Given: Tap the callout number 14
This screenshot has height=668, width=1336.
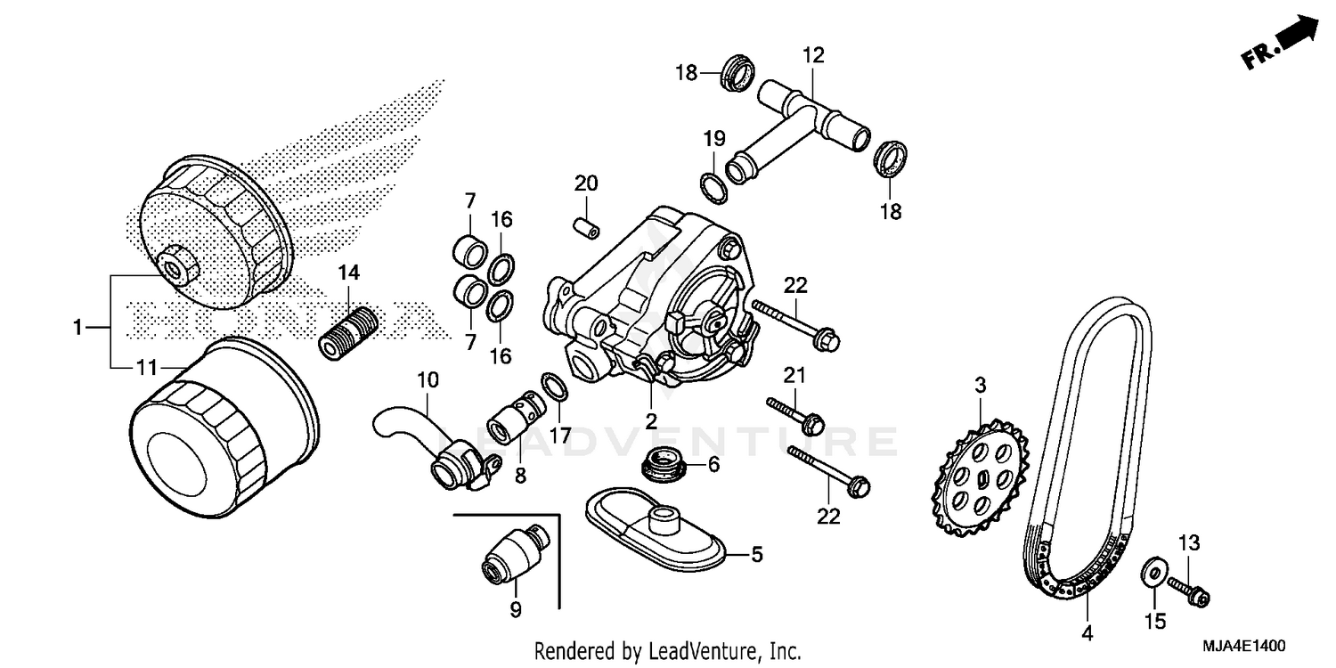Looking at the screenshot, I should pos(348,274).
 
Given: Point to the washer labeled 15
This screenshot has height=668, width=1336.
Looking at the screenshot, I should pos(1153,572).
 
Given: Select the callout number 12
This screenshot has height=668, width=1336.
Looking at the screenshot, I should pos(812,55).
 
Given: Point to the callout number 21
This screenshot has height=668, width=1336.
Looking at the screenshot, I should pos(794,371).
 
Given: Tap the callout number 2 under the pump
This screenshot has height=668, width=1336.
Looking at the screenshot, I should pos(651,420).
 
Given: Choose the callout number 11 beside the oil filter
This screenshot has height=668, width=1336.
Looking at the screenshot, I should pos(147,367).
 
